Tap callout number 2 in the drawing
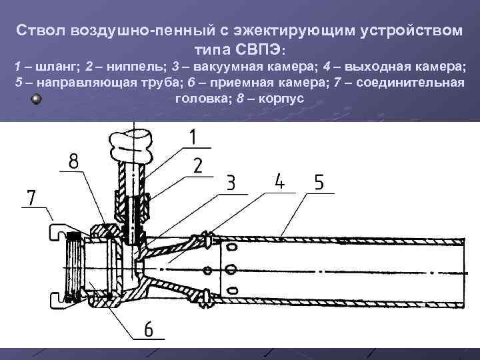[197, 166]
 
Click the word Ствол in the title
[41, 31]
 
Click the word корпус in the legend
[283, 98]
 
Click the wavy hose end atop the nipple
[133, 141]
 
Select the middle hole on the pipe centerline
[231, 269]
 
